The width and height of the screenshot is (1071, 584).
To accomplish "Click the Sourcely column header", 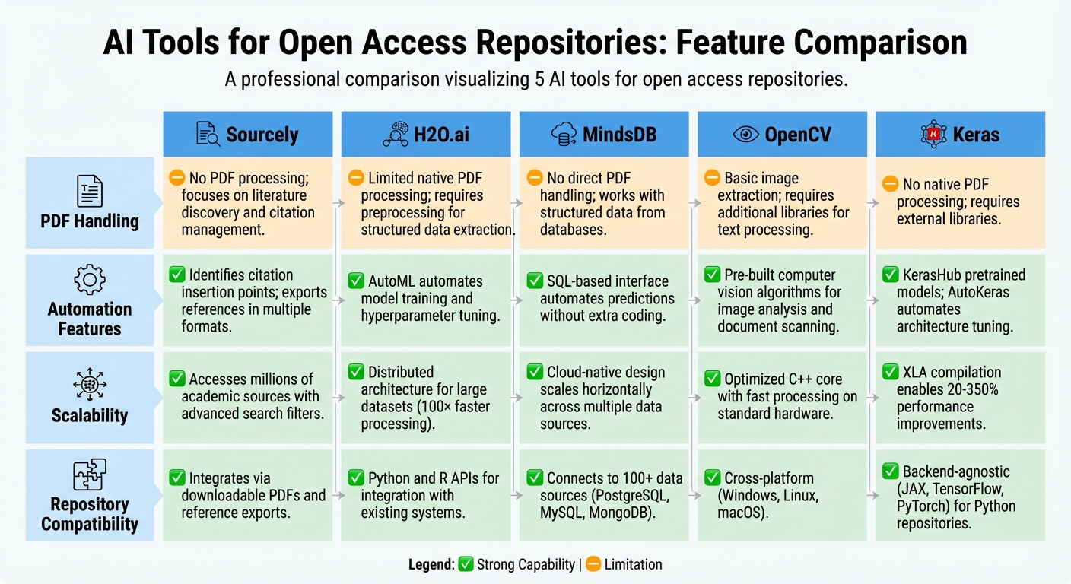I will pyautogui.click(x=247, y=135).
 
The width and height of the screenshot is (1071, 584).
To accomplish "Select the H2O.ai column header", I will pyautogui.click(x=426, y=135).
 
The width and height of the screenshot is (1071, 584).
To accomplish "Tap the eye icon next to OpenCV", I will pyautogui.click(x=745, y=135).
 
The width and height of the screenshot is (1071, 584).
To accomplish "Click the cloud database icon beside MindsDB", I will pyautogui.click(x=562, y=135).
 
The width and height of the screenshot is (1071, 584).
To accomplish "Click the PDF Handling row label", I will pyautogui.click(x=90, y=221).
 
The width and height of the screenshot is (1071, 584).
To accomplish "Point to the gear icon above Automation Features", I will pyautogui.click(x=90, y=279).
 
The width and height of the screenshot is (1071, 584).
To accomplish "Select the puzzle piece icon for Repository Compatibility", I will pyautogui.click(x=90, y=474).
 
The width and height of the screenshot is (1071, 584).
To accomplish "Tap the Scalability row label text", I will pyautogui.click(x=90, y=415).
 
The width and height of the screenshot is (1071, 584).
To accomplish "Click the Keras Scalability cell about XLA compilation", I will pyautogui.click(x=960, y=397).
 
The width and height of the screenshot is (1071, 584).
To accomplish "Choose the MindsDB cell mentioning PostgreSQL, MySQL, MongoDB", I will pyautogui.click(x=604, y=495).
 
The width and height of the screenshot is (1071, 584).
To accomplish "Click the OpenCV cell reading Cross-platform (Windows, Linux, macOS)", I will pyautogui.click(x=782, y=495).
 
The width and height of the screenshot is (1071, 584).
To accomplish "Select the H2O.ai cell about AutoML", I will pyautogui.click(x=426, y=299).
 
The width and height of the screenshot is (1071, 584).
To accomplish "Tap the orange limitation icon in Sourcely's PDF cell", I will pyautogui.click(x=177, y=178).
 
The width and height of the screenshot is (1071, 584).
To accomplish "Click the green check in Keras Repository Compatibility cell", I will pyautogui.click(x=890, y=471).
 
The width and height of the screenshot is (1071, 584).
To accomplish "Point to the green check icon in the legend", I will pyautogui.click(x=466, y=564).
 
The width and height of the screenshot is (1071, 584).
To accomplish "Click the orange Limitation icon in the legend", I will pyautogui.click(x=593, y=564).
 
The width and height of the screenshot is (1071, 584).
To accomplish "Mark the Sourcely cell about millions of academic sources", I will pyautogui.click(x=247, y=396).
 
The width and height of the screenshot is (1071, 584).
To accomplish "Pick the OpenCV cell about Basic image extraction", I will pyautogui.click(x=782, y=203).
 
